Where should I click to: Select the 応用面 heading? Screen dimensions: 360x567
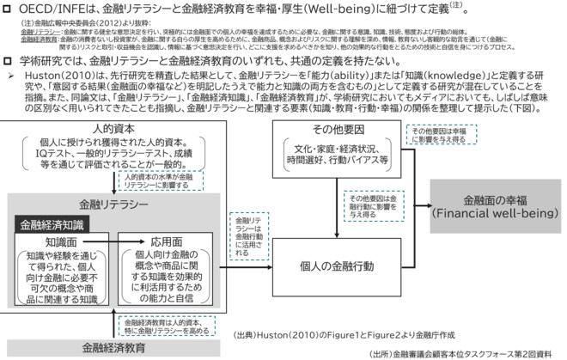click(x=162, y=243)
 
